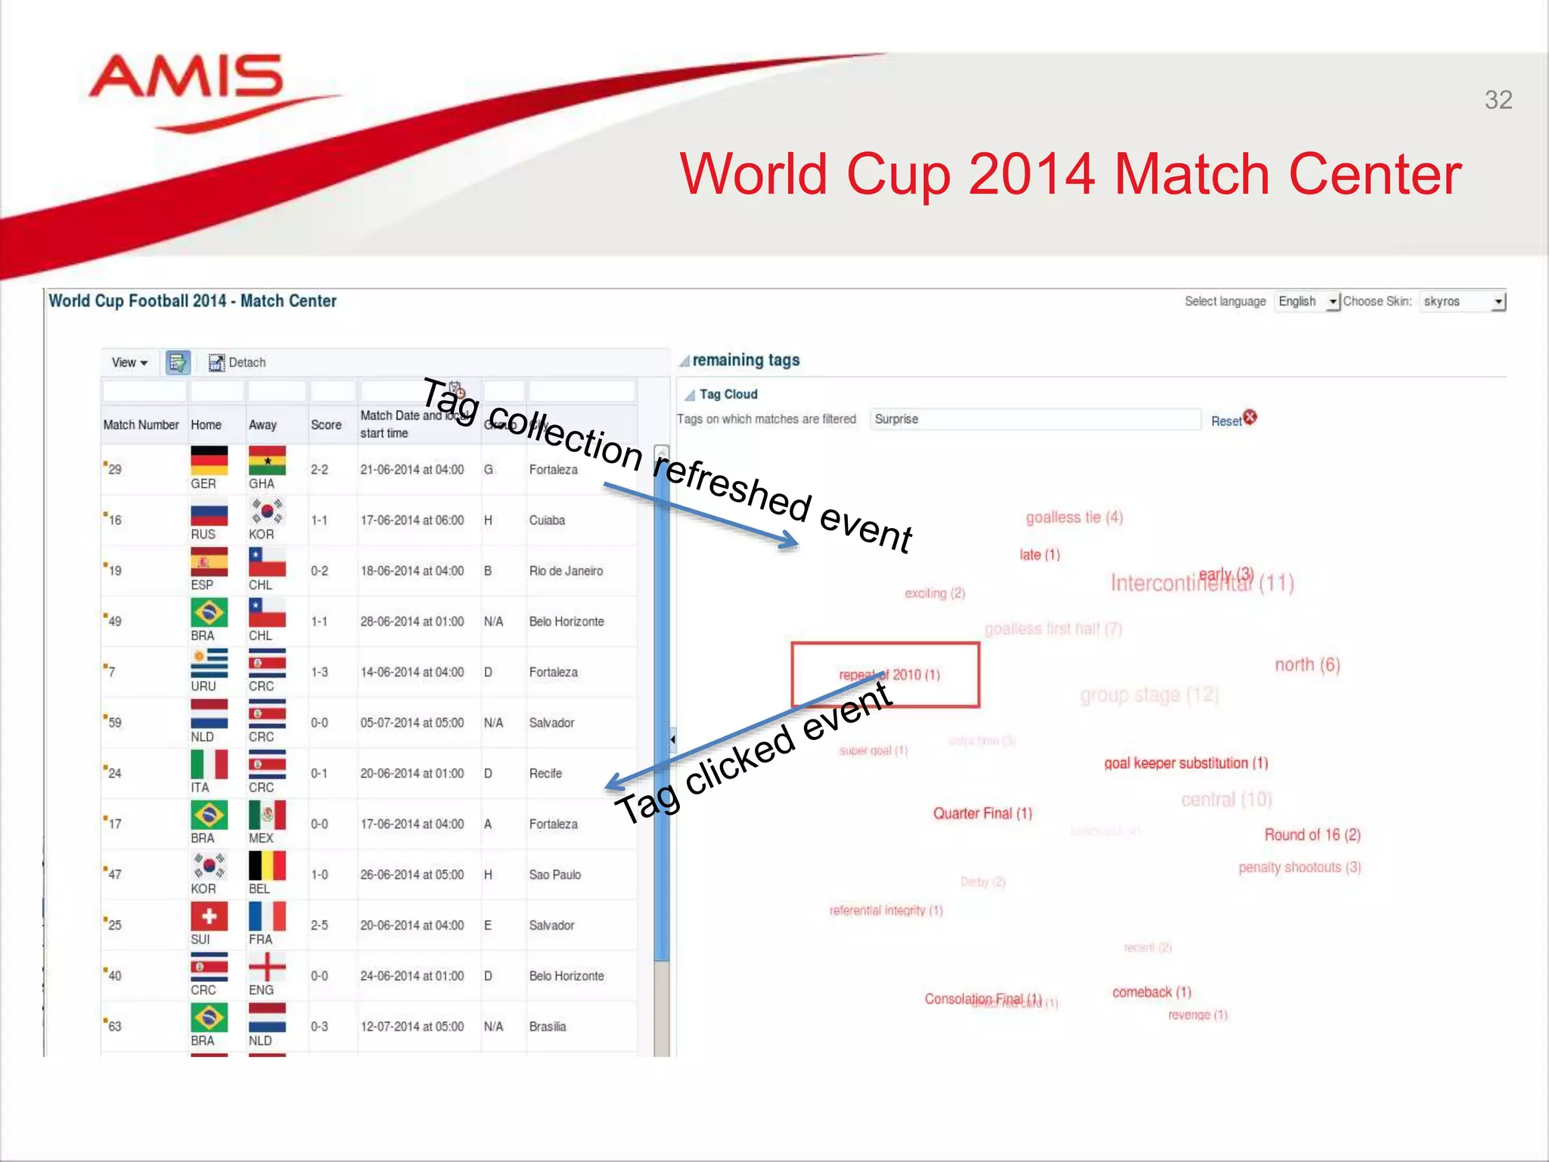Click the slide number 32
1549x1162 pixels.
pos(1498,100)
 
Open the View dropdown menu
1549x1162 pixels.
pos(129,362)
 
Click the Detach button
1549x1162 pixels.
pos(237,362)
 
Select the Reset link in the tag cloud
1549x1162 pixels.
pos(1226,421)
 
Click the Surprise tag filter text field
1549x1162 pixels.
pos(1035,419)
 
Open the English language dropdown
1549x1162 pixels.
pos(1307,301)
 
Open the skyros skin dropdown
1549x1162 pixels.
pos(1463,301)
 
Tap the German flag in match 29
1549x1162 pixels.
pos(209,460)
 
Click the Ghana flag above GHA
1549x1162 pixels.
pos(267,460)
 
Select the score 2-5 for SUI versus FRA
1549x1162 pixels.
pos(319,925)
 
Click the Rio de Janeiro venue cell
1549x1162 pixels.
pos(566,570)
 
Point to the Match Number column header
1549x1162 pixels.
pos(141,424)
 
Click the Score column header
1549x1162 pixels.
pos(326,424)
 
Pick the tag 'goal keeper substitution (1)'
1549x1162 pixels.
pos(1186,763)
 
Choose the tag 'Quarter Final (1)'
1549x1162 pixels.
pos(982,813)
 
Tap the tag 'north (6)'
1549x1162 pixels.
pos(1307,664)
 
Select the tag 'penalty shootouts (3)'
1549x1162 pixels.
pos(1299,867)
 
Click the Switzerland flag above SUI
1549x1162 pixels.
pos(209,916)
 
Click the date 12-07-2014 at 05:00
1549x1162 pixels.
pos(411,1027)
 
